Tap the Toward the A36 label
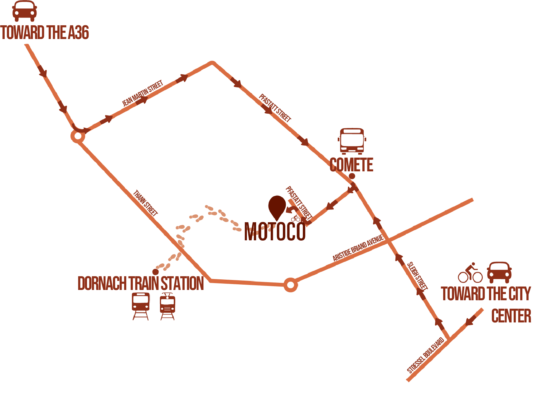pyautogui.click(x=45, y=32)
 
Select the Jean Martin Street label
pyautogui.click(x=143, y=93)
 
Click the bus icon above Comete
pyautogui.click(x=352, y=141)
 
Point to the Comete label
pyautogui.click(x=351, y=165)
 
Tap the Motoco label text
pyautogui.click(x=275, y=232)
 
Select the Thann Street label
pyautogui.click(x=145, y=203)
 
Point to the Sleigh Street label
pyautogui.click(x=417, y=276)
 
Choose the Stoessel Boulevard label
pyautogui.click(x=426, y=355)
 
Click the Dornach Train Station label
pyautogui.click(x=141, y=283)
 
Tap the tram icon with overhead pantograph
pyautogui.click(x=167, y=307)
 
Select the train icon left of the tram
pyautogui.click(x=141, y=306)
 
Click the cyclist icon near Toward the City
pyautogui.click(x=470, y=273)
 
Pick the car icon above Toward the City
pyautogui.click(x=499, y=272)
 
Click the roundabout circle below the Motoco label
pyautogui.click(x=291, y=285)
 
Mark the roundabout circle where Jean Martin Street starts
pyautogui.click(x=78, y=136)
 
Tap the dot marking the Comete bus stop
pyautogui.click(x=352, y=176)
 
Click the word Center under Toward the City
pyautogui.click(x=511, y=316)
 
